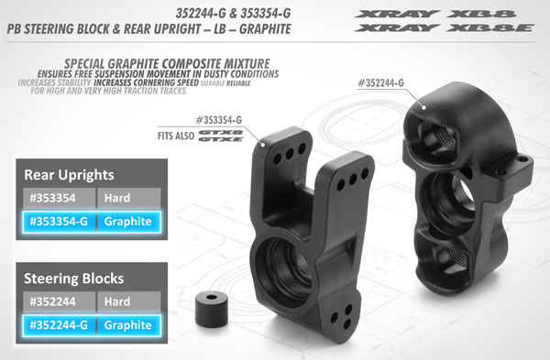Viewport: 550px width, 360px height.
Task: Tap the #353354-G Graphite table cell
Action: [x=58, y=221]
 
